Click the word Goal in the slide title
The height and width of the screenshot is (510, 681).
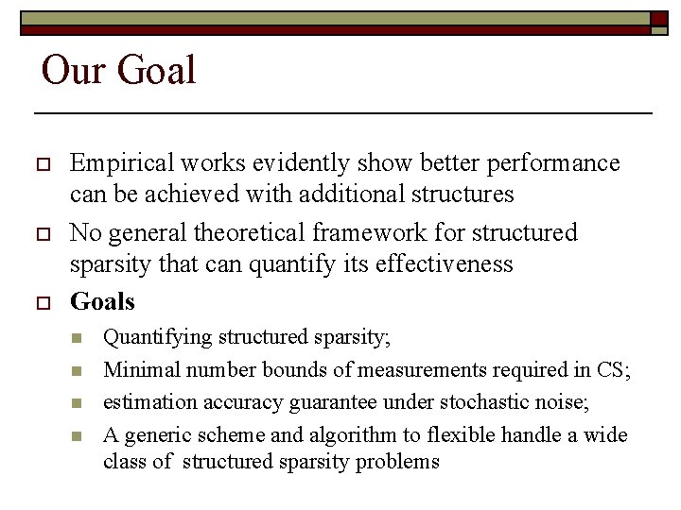(156, 71)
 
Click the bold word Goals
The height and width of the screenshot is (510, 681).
(102, 302)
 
